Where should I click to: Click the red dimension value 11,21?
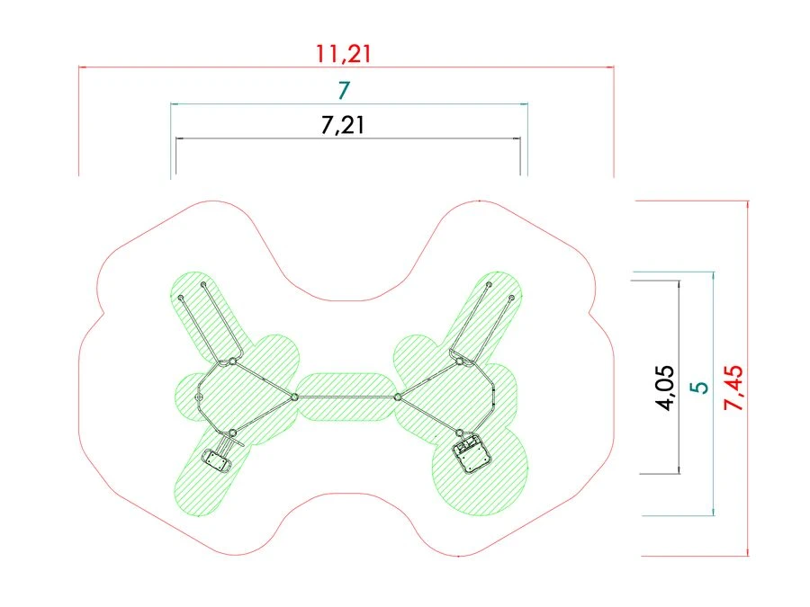(x=344, y=54)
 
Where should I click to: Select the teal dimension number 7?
(x=344, y=90)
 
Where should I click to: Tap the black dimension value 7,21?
(x=343, y=125)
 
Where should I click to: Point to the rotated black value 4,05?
(x=665, y=388)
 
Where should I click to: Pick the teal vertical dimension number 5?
(x=700, y=387)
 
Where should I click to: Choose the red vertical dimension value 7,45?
(x=734, y=388)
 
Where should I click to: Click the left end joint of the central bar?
(x=294, y=397)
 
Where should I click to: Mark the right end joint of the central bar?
(x=397, y=397)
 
